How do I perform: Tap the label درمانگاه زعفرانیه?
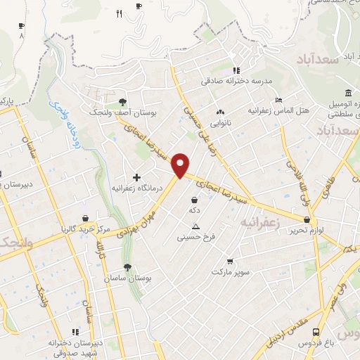(136, 188)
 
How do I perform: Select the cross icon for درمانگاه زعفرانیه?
(136, 176)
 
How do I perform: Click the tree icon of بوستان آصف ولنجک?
(123, 101)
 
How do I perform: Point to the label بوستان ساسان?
(127, 278)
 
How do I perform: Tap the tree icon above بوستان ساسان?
(127, 267)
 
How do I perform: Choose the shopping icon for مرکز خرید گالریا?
(85, 218)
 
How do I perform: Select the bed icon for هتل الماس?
(278, 100)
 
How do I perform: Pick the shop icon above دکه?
(194, 200)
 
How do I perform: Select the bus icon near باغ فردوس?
(318, 331)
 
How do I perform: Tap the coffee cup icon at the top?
(139, 6)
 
